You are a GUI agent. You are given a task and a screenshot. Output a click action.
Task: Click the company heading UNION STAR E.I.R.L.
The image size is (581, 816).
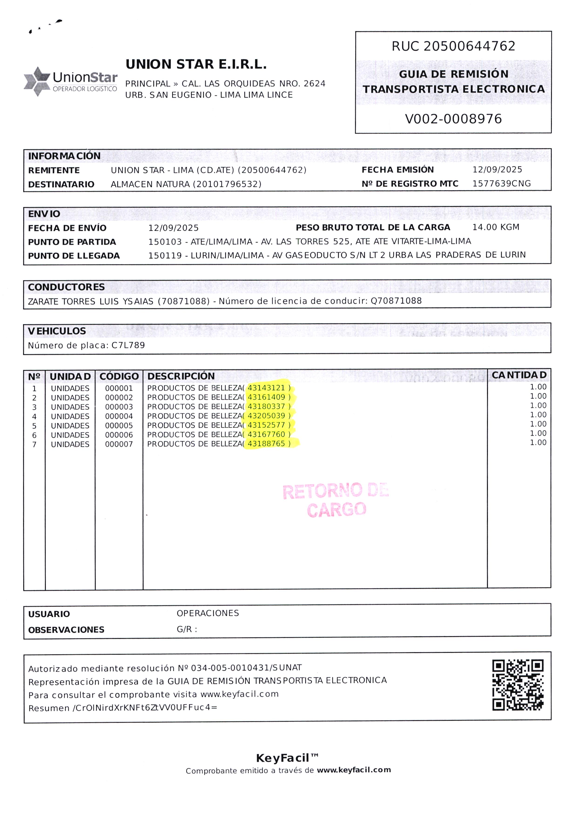[x=196, y=64]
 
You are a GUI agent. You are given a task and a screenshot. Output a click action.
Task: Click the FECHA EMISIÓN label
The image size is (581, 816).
[x=397, y=170]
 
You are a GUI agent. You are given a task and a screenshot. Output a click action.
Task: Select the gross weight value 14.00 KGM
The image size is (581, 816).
[x=496, y=227]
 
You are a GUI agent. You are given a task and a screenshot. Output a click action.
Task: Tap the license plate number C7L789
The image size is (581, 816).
[x=128, y=345]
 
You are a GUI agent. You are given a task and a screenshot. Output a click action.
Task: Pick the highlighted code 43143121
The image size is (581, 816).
[x=266, y=388]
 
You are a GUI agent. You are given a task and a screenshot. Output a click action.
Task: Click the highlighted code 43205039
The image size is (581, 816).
[x=266, y=416]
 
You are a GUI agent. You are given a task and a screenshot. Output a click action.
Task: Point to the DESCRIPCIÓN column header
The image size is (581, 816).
[x=181, y=376]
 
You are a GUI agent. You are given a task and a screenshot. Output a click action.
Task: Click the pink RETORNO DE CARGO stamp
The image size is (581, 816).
[x=336, y=500]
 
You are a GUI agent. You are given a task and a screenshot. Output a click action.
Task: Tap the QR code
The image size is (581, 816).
[x=518, y=685]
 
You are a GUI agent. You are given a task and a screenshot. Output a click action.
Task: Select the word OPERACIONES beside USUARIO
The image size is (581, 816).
[x=208, y=613]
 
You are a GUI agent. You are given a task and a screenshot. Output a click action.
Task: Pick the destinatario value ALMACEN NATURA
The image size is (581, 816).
[x=150, y=184]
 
